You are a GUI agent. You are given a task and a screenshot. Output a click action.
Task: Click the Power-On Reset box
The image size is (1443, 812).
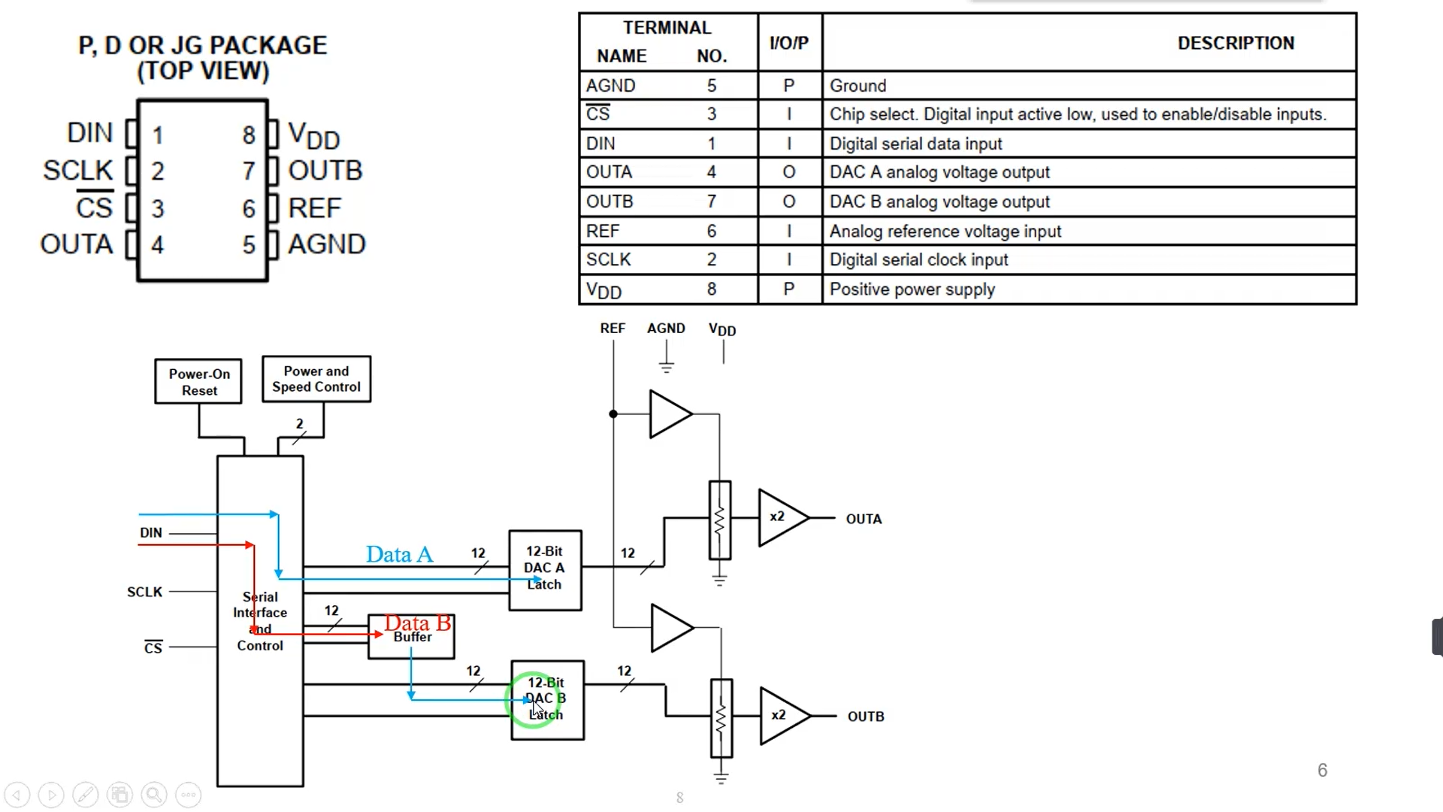point(198,382)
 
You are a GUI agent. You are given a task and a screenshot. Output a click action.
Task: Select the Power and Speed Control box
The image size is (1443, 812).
point(316,379)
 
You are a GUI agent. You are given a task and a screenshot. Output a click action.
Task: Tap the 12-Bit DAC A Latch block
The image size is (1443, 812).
point(545,570)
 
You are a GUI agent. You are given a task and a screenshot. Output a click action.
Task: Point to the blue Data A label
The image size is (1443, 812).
point(399,555)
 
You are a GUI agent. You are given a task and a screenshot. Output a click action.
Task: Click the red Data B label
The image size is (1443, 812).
point(418,623)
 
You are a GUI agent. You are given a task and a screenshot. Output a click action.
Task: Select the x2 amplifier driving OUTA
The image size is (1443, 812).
point(781,517)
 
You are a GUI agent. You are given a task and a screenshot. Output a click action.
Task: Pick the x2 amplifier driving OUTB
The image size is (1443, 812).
point(782,715)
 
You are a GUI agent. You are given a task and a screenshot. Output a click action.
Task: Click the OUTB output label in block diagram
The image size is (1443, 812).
point(866,717)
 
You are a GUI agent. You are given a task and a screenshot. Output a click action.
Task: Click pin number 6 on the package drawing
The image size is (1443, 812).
point(249,209)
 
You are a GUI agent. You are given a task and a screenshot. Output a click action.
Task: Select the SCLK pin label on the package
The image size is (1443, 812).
point(78,171)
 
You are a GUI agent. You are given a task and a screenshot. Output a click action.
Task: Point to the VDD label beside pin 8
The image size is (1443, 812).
point(314,136)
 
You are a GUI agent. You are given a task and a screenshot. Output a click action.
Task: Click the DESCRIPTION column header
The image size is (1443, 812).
point(1236,44)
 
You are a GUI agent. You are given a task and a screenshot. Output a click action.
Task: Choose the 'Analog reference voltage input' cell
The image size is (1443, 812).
point(945,232)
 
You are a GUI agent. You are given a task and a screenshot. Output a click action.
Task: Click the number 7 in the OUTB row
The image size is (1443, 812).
point(711,201)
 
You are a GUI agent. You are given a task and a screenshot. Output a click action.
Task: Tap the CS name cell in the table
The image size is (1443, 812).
point(598,114)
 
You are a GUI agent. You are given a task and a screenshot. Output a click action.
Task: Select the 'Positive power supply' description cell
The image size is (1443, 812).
point(912,289)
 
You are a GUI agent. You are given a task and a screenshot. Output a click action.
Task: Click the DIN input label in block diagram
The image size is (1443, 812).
point(150,532)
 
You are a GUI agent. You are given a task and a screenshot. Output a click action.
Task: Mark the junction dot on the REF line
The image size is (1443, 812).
point(613,414)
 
